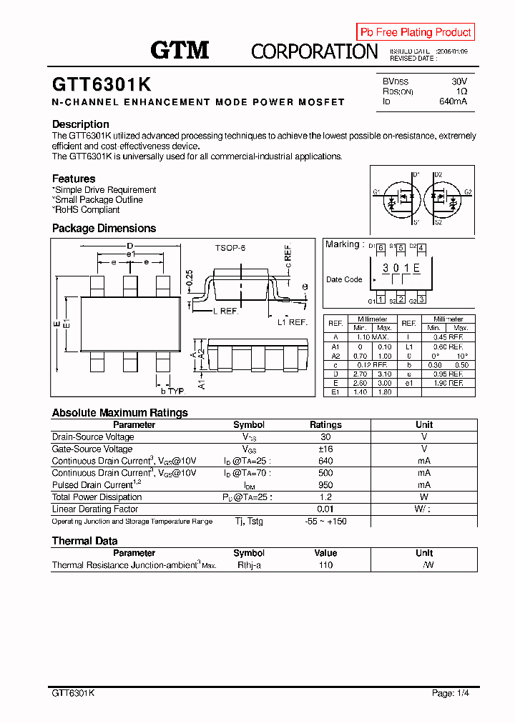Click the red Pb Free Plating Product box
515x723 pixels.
click(x=416, y=32)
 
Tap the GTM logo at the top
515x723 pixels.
click(x=180, y=50)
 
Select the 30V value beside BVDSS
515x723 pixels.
click(x=459, y=82)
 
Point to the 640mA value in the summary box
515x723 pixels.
click(x=453, y=101)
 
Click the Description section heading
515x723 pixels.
click(x=81, y=124)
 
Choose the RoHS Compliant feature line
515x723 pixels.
click(x=87, y=210)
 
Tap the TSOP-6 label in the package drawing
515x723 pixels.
click(x=230, y=248)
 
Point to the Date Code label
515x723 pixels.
click(x=344, y=279)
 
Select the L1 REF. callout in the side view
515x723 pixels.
click(x=292, y=322)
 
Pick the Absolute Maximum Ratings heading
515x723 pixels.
click(x=120, y=413)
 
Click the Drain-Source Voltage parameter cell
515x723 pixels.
click(x=93, y=437)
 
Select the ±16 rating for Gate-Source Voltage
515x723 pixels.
click(x=325, y=449)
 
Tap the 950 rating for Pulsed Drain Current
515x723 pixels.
click(x=325, y=485)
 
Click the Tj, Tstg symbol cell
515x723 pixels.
click(x=249, y=522)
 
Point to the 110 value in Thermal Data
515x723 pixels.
click(x=325, y=564)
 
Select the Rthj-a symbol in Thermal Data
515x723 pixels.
click(x=249, y=564)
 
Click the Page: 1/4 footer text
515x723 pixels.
click(x=451, y=693)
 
